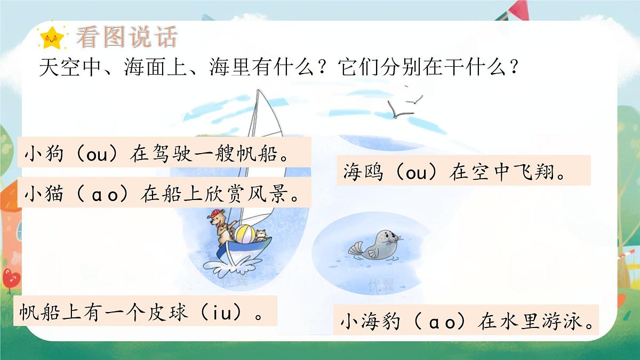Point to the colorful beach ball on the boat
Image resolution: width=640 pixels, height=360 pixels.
246,234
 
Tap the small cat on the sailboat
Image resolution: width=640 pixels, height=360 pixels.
261,235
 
